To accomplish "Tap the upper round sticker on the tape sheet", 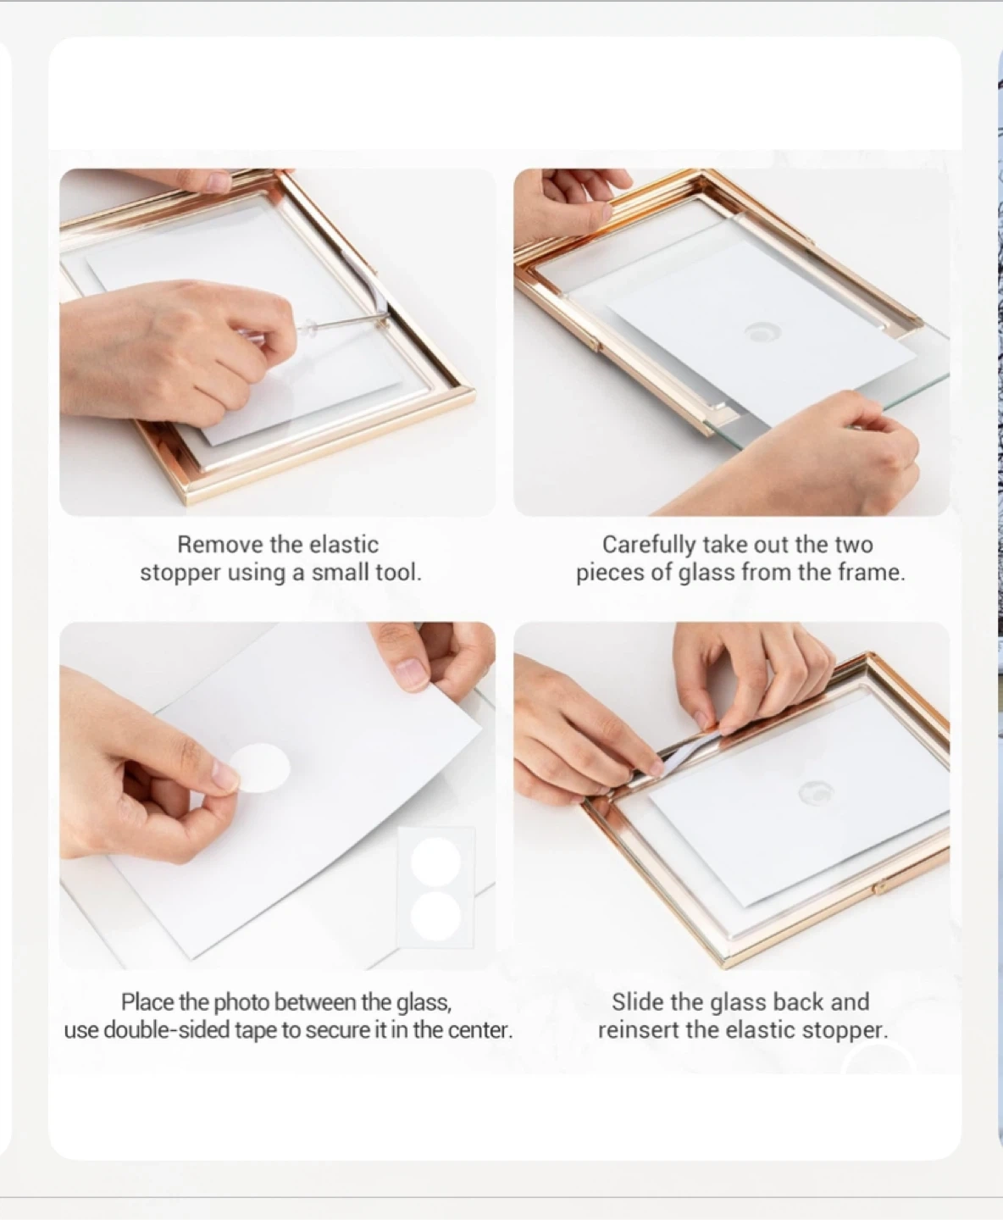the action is (x=435, y=862).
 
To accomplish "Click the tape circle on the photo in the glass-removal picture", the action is (x=762, y=332).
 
